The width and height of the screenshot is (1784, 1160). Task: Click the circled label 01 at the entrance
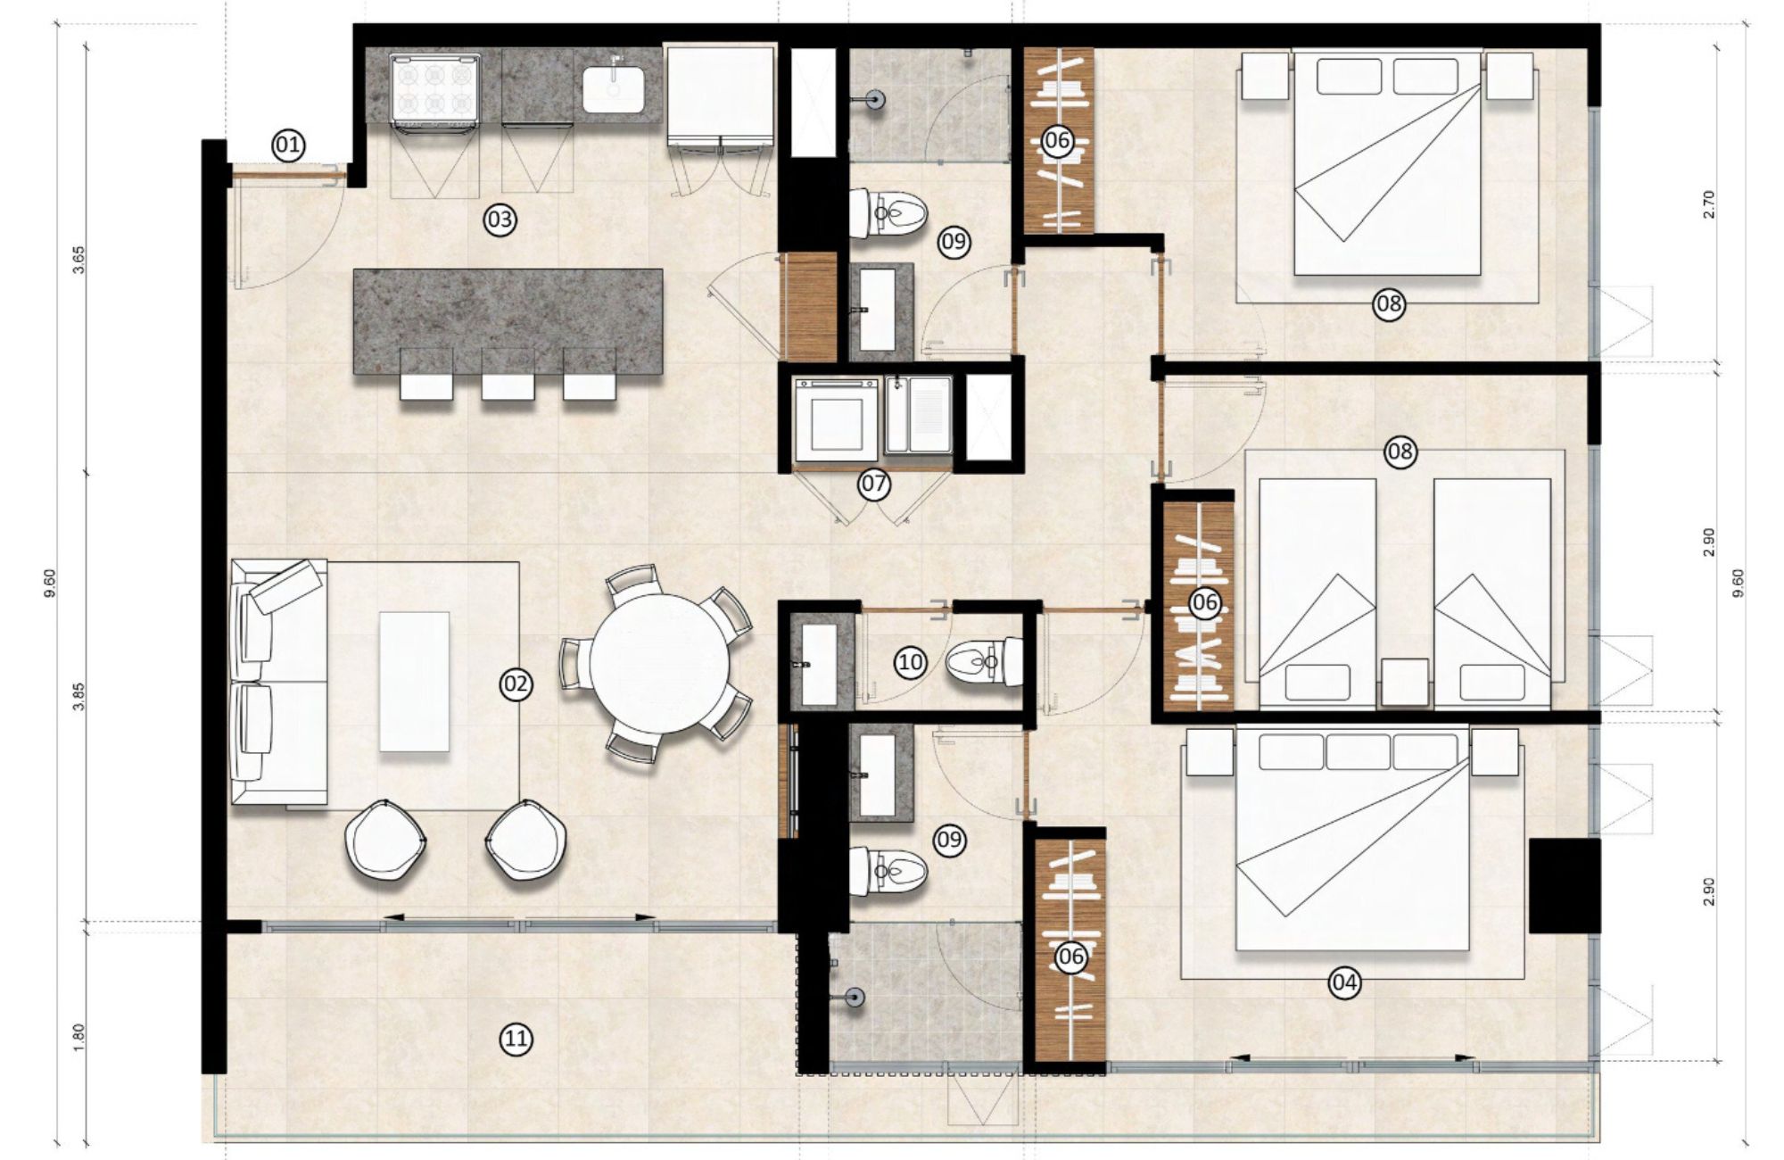pyautogui.click(x=289, y=145)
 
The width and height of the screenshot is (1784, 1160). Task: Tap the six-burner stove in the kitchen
pyautogui.click(x=436, y=87)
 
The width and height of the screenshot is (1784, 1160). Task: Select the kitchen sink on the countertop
pyautogui.click(x=615, y=88)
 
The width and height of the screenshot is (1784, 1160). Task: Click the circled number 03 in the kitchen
pyautogui.click(x=500, y=220)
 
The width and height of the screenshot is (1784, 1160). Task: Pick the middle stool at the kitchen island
pyautogui.click(x=508, y=385)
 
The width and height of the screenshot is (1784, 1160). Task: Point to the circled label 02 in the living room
pyautogui.click(x=516, y=684)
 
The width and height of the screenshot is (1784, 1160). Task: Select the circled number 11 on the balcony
pyautogui.click(x=516, y=1039)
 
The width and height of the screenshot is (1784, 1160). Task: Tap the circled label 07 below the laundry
pyautogui.click(x=873, y=485)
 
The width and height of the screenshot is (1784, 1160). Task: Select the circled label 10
pyautogui.click(x=911, y=662)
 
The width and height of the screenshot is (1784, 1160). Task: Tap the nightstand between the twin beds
pyautogui.click(x=1404, y=682)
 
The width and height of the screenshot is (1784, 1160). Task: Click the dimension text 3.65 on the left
pyautogui.click(x=78, y=258)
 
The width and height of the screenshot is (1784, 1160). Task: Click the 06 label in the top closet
pyautogui.click(x=1057, y=141)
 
